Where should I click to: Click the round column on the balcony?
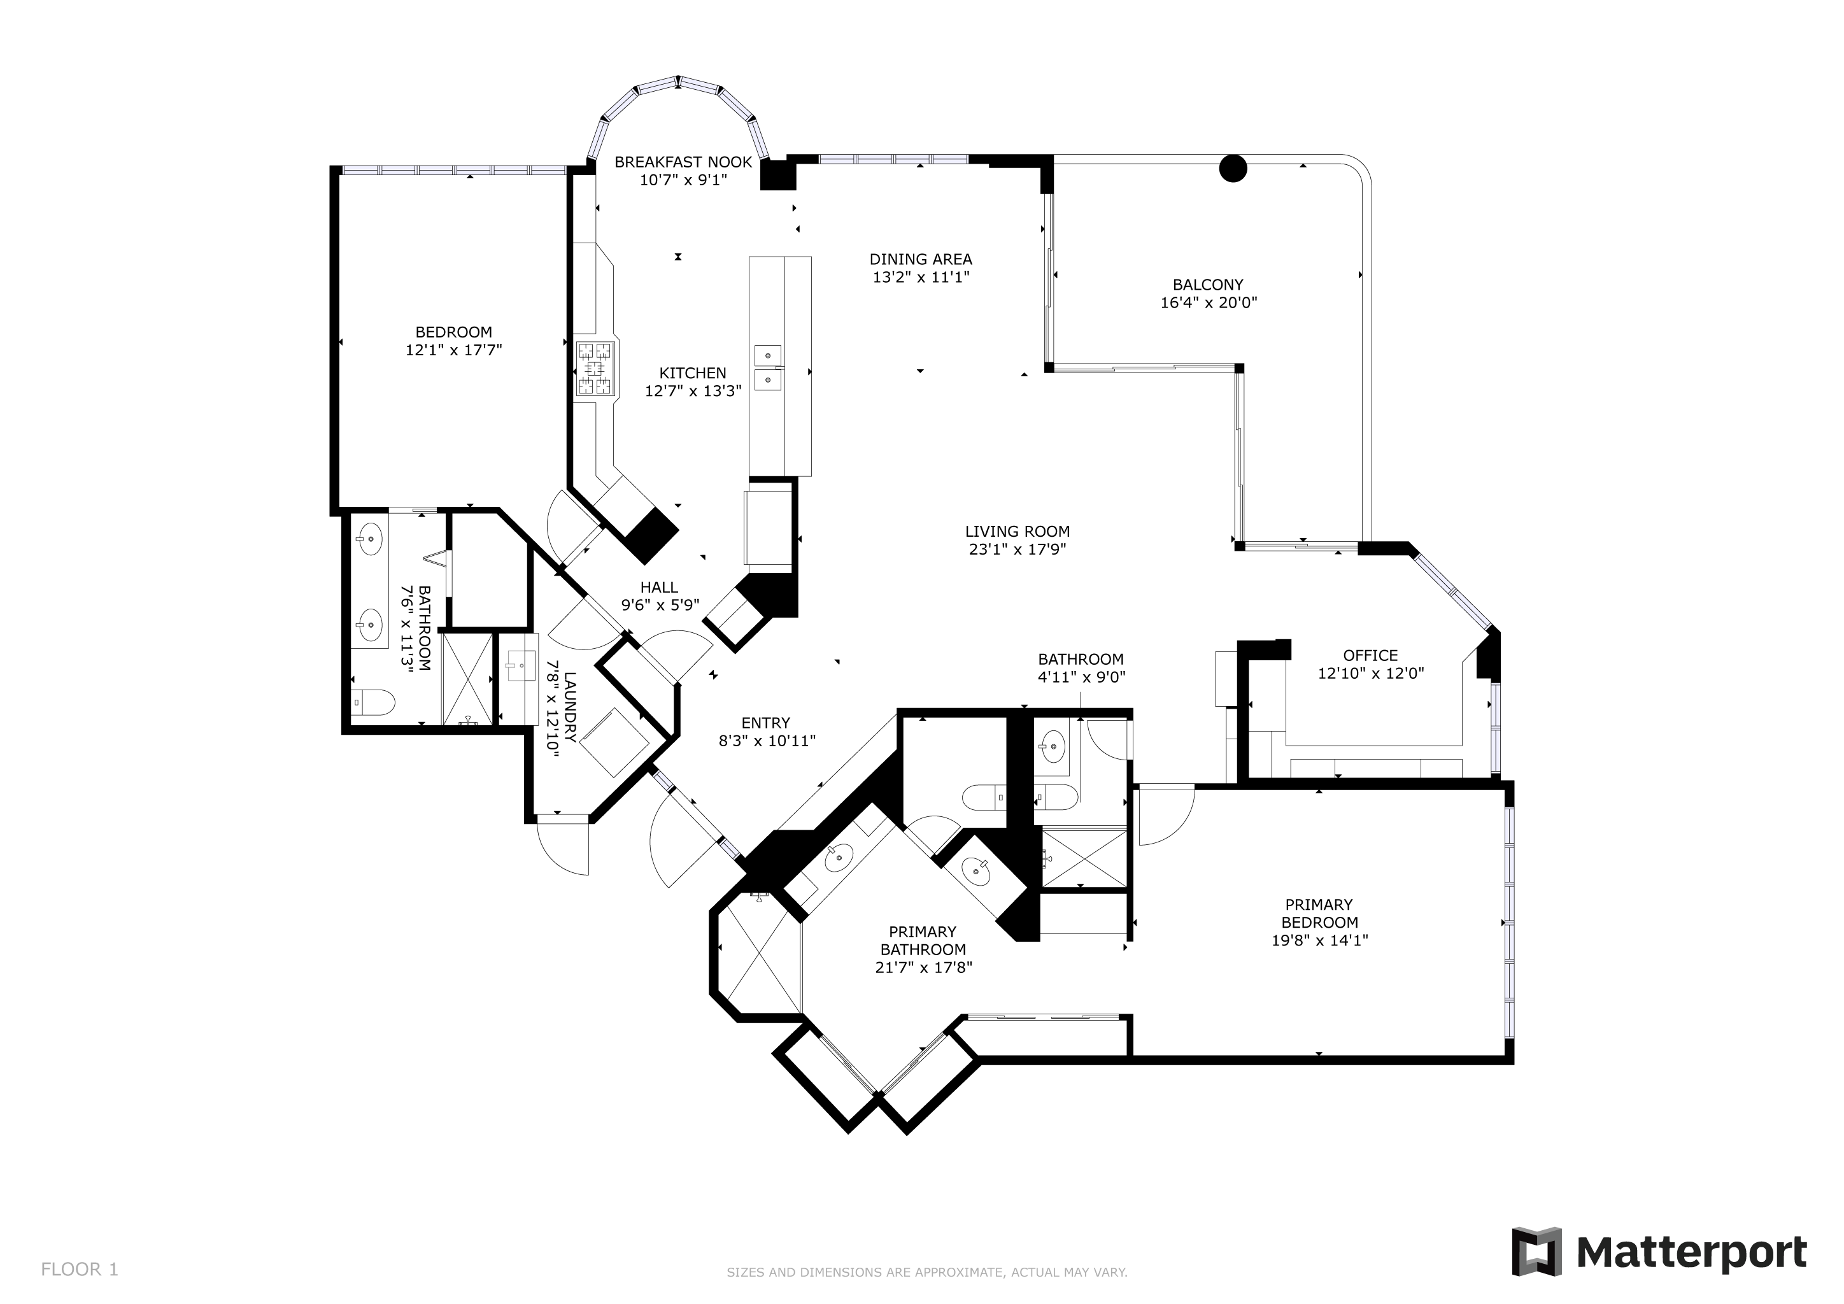pyautogui.click(x=1233, y=168)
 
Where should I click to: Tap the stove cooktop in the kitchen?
pyautogui.click(x=596, y=369)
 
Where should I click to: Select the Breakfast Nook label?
pyautogui.click(x=683, y=162)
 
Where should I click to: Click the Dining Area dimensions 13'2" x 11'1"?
pyautogui.click(x=921, y=277)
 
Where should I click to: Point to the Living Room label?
pyautogui.click(x=1018, y=532)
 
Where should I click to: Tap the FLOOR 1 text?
pyautogui.click(x=80, y=1270)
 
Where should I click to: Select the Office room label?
pyautogui.click(x=1371, y=655)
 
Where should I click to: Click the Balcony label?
pyautogui.click(x=1208, y=284)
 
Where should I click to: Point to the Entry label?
pyautogui.click(x=765, y=723)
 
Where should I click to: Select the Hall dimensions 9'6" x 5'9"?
pyautogui.click(x=660, y=605)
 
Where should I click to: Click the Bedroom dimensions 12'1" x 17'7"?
pyautogui.click(x=454, y=350)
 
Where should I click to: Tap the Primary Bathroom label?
pyautogui.click(x=923, y=940)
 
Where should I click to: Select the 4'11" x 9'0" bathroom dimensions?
pyautogui.click(x=1081, y=677)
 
